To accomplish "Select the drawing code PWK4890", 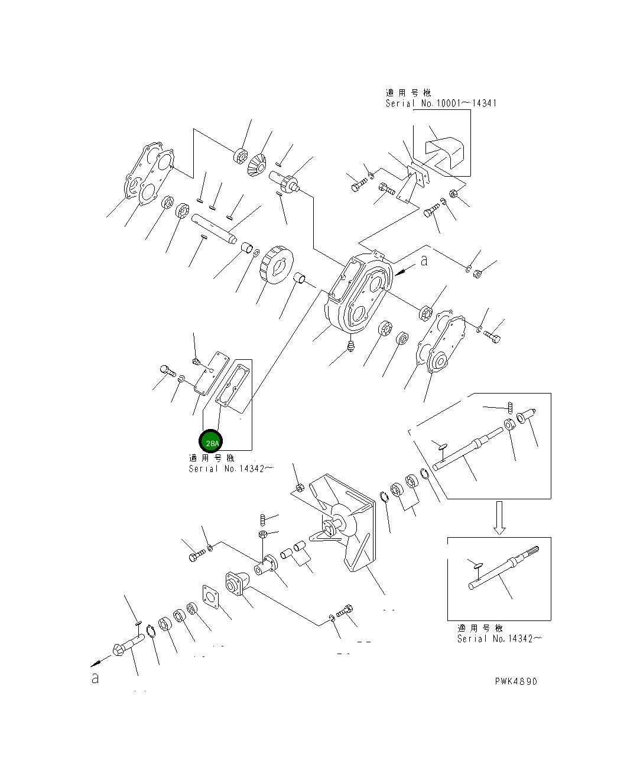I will tap(516, 681).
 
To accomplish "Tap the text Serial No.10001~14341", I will tap(441, 103).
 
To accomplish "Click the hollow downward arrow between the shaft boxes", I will tap(499, 518).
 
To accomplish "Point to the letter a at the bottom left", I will tap(95, 678).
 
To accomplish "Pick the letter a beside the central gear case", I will tap(424, 261).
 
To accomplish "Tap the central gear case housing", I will tap(358, 294).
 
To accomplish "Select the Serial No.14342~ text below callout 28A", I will tap(231, 469).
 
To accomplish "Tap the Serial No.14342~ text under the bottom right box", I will tap(499, 638).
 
